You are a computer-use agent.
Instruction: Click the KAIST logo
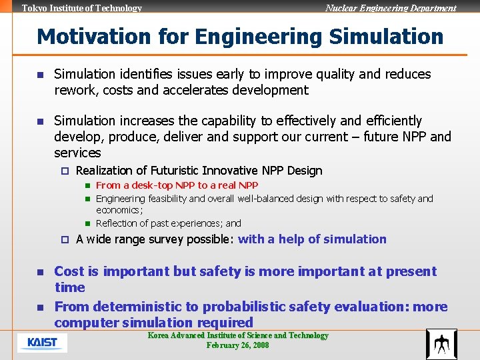[x=42, y=343]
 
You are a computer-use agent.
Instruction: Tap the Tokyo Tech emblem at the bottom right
[x=441, y=344]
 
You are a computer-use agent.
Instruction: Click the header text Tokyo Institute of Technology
[x=82, y=9]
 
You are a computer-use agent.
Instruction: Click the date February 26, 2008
[x=237, y=345]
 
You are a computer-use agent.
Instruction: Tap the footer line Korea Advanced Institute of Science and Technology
[x=238, y=335]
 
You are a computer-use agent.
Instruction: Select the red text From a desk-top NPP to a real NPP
[x=177, y=185]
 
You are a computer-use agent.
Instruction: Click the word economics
[x=119, y=210]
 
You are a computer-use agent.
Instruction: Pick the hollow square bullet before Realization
[x=65, y=171]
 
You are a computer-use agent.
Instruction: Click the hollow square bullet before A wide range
[x=65, y=239]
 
